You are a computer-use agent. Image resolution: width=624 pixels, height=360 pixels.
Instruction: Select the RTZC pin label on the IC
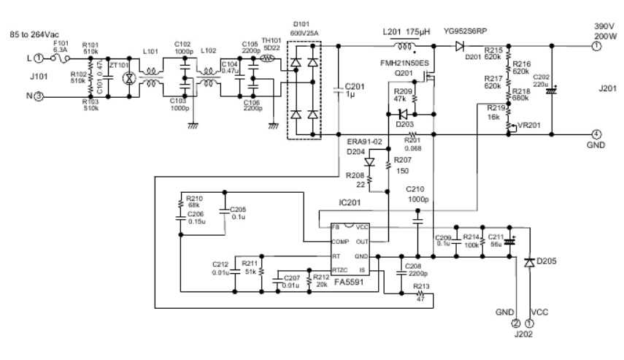[x=340, y=270]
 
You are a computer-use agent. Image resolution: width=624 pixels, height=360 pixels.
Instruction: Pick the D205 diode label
[x=546, y=261]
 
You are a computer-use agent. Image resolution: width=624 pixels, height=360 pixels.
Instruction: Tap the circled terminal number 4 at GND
[x=596, y=134]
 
